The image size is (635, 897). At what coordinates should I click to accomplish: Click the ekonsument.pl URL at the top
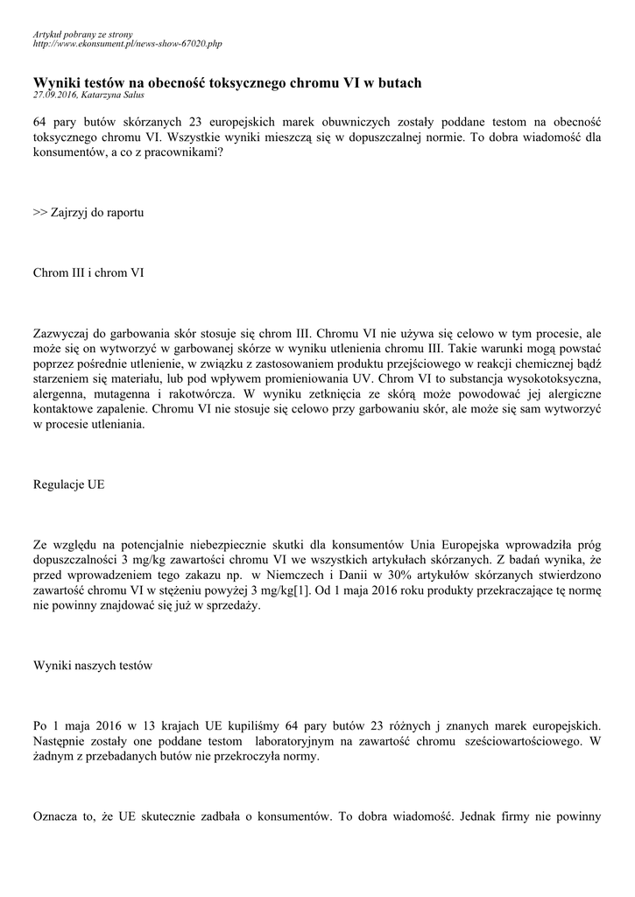click(x=127, y=42)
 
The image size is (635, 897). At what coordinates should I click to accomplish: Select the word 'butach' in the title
click(x=397, y=82)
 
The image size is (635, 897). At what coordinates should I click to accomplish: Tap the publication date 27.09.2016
click(x=54, y=95)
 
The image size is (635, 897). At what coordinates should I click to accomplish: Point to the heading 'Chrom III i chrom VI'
click(x=88, y=272)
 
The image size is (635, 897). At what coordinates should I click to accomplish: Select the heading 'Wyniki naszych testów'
click(x=92, y=666)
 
